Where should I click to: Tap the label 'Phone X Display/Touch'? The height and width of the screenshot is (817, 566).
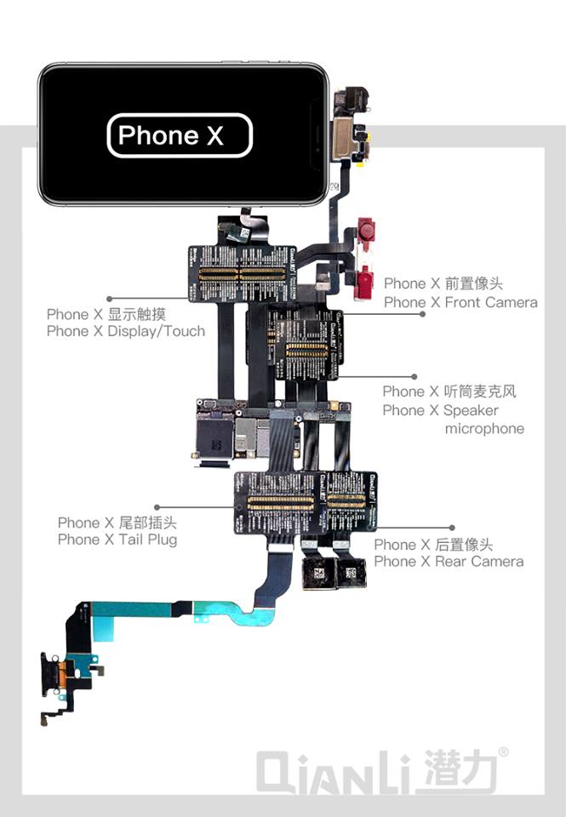126,331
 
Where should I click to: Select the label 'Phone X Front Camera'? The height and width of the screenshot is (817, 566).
460,302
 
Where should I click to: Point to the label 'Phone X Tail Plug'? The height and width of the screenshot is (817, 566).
117,540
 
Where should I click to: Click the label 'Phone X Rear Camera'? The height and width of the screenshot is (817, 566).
449,562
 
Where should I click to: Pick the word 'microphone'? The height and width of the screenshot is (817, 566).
484,429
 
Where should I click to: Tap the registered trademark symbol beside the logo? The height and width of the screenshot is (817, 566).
504,752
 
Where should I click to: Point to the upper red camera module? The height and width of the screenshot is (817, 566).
367,228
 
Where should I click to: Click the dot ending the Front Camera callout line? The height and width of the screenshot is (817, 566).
423,314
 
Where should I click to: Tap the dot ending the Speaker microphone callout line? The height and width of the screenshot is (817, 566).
414,375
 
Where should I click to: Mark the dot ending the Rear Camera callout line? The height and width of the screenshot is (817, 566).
452,528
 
